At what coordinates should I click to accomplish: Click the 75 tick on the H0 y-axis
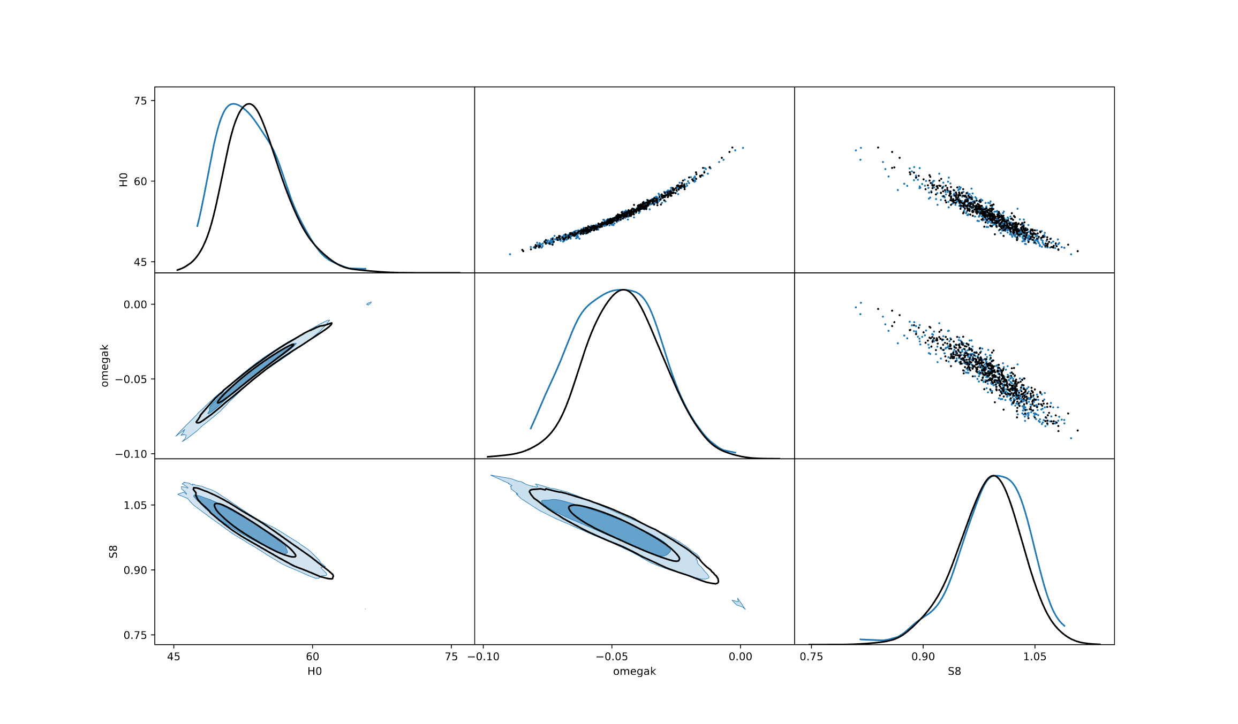140,101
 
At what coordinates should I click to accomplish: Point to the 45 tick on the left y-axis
140,262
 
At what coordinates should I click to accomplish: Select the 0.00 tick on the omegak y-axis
135,304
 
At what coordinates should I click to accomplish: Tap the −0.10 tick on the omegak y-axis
131,454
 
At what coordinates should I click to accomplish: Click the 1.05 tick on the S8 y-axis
135,505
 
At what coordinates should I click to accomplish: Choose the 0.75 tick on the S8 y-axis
135,635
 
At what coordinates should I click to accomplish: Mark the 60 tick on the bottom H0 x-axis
312,657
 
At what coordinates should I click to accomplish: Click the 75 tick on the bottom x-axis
451,657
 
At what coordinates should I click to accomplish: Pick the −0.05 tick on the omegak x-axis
612,657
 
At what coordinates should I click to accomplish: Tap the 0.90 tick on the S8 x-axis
923,657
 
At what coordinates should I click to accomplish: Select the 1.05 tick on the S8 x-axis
1035,657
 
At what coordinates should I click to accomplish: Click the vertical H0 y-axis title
123,179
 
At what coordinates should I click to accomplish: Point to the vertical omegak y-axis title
105,365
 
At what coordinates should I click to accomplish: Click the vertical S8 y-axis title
113,551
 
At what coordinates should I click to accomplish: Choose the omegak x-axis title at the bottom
635,671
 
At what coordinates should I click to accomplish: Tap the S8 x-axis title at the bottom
954,671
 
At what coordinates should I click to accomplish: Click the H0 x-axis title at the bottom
314,671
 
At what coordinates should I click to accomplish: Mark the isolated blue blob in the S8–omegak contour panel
739,604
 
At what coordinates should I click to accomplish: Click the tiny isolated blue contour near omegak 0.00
369,303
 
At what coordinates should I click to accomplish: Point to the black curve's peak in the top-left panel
249,104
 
